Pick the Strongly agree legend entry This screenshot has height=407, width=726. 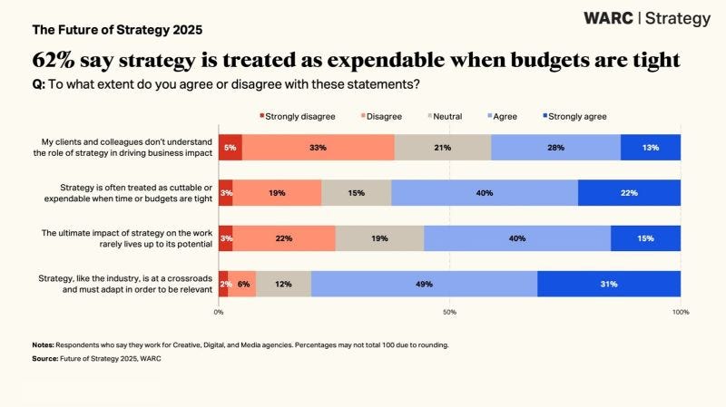(577, 116)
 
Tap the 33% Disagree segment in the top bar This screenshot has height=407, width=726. (319, 147)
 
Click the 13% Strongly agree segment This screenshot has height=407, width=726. (651, 147)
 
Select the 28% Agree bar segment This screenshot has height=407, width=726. (555, 147)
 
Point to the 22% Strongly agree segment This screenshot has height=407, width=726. (629, 193)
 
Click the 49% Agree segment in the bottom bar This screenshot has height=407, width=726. (424, 284)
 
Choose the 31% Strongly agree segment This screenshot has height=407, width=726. (608, 284)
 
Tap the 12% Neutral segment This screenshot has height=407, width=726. (283, 284)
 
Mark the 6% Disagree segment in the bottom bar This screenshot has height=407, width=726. (241, 284)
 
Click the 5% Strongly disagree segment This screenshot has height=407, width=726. (231, 147)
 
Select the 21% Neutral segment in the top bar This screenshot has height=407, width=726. (443, 147)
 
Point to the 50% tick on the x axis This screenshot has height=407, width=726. (449, 312)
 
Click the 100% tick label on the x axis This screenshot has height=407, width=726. (680, 312)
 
